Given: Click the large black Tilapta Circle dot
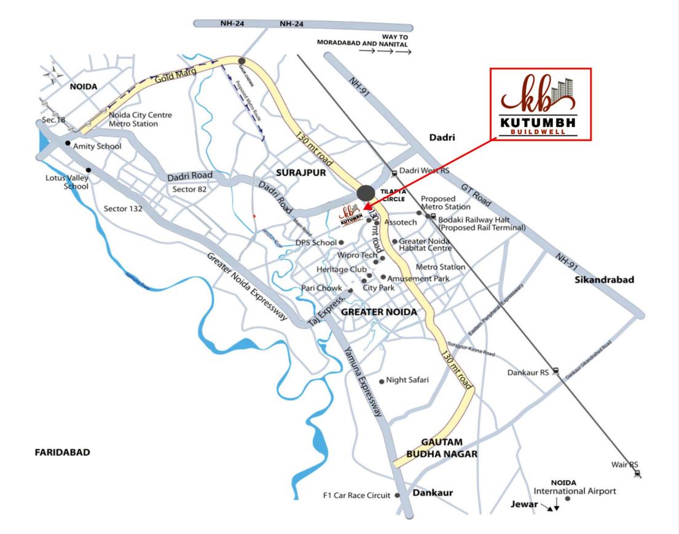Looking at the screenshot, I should pyautogui.click(x=366, y=193).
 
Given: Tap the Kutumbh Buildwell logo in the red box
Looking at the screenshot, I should pyautogui.click(x=540, y=104).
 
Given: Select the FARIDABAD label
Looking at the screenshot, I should pyautogui.click(x=62, y=452).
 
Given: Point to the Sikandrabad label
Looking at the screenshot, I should pyautogui.click(x=604, y=280).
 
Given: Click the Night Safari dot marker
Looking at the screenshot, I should pyautogui.click(x=382, y=381).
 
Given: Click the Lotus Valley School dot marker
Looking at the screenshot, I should pyautogui.click(x=89, y=170).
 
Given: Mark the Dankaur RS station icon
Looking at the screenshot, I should pyautogui.click(x=555, y=370).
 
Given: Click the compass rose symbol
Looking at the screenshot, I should pyautogui.click(x=53, y=74).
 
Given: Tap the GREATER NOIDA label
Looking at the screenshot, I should pyautogui.click(x=379, y=312).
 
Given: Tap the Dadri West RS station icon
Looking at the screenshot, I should pyautogui.click(x=394, y=172).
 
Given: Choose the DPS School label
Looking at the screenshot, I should pyautogui.click(x=316, y=242).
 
